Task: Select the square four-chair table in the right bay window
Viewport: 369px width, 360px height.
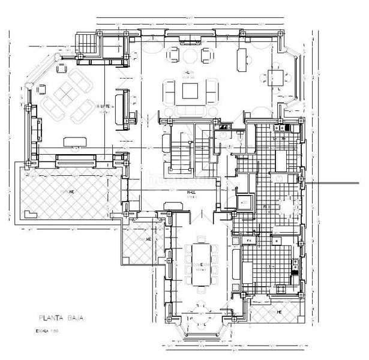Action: (278, 77)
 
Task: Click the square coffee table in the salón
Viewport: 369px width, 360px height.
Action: (191, 91)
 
